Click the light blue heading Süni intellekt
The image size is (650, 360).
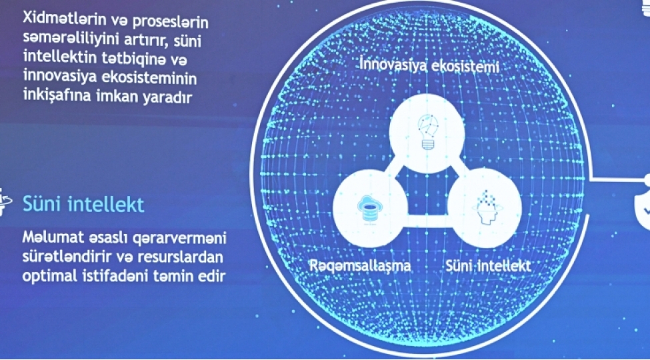point(83,203)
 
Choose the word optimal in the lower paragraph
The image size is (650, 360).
point(49,275)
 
